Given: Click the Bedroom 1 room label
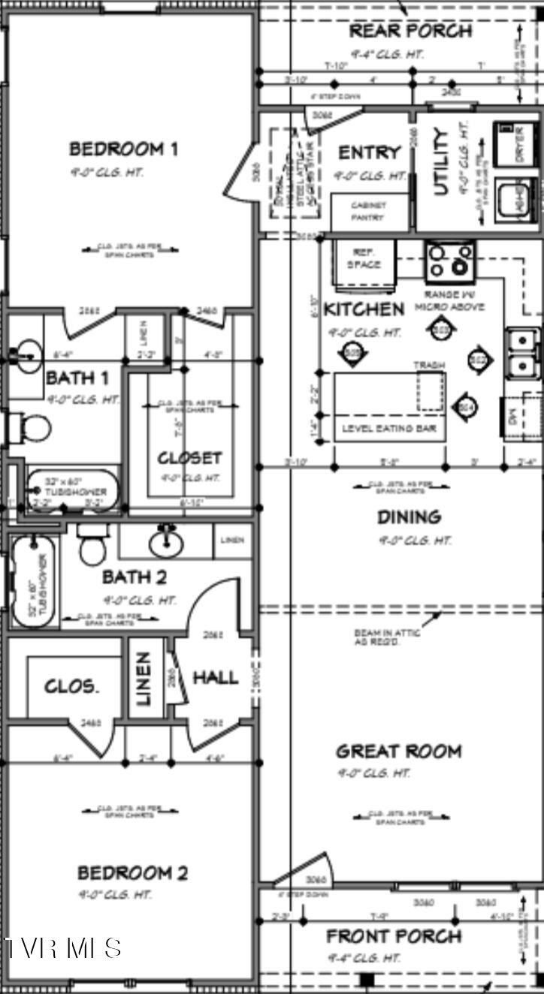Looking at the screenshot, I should click(123, 149).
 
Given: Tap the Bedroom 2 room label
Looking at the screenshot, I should click(132, 872).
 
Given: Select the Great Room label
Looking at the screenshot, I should click(398, 751).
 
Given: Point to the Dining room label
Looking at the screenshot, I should click(409, 517).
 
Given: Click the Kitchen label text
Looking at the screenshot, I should click(364, 309).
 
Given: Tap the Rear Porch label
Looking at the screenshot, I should click(410, 31).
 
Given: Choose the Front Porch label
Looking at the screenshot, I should click(393, 936).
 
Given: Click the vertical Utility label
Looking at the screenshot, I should click(441, 161).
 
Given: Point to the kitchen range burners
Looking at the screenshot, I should click(450, 262).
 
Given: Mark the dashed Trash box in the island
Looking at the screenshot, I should click(430, 390).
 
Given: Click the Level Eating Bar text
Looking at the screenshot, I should click(389, 429).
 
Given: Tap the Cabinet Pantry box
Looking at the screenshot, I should click(370, 212).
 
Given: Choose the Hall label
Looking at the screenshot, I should click(216, 677).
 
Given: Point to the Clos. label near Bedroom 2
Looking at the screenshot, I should click(71, 686).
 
